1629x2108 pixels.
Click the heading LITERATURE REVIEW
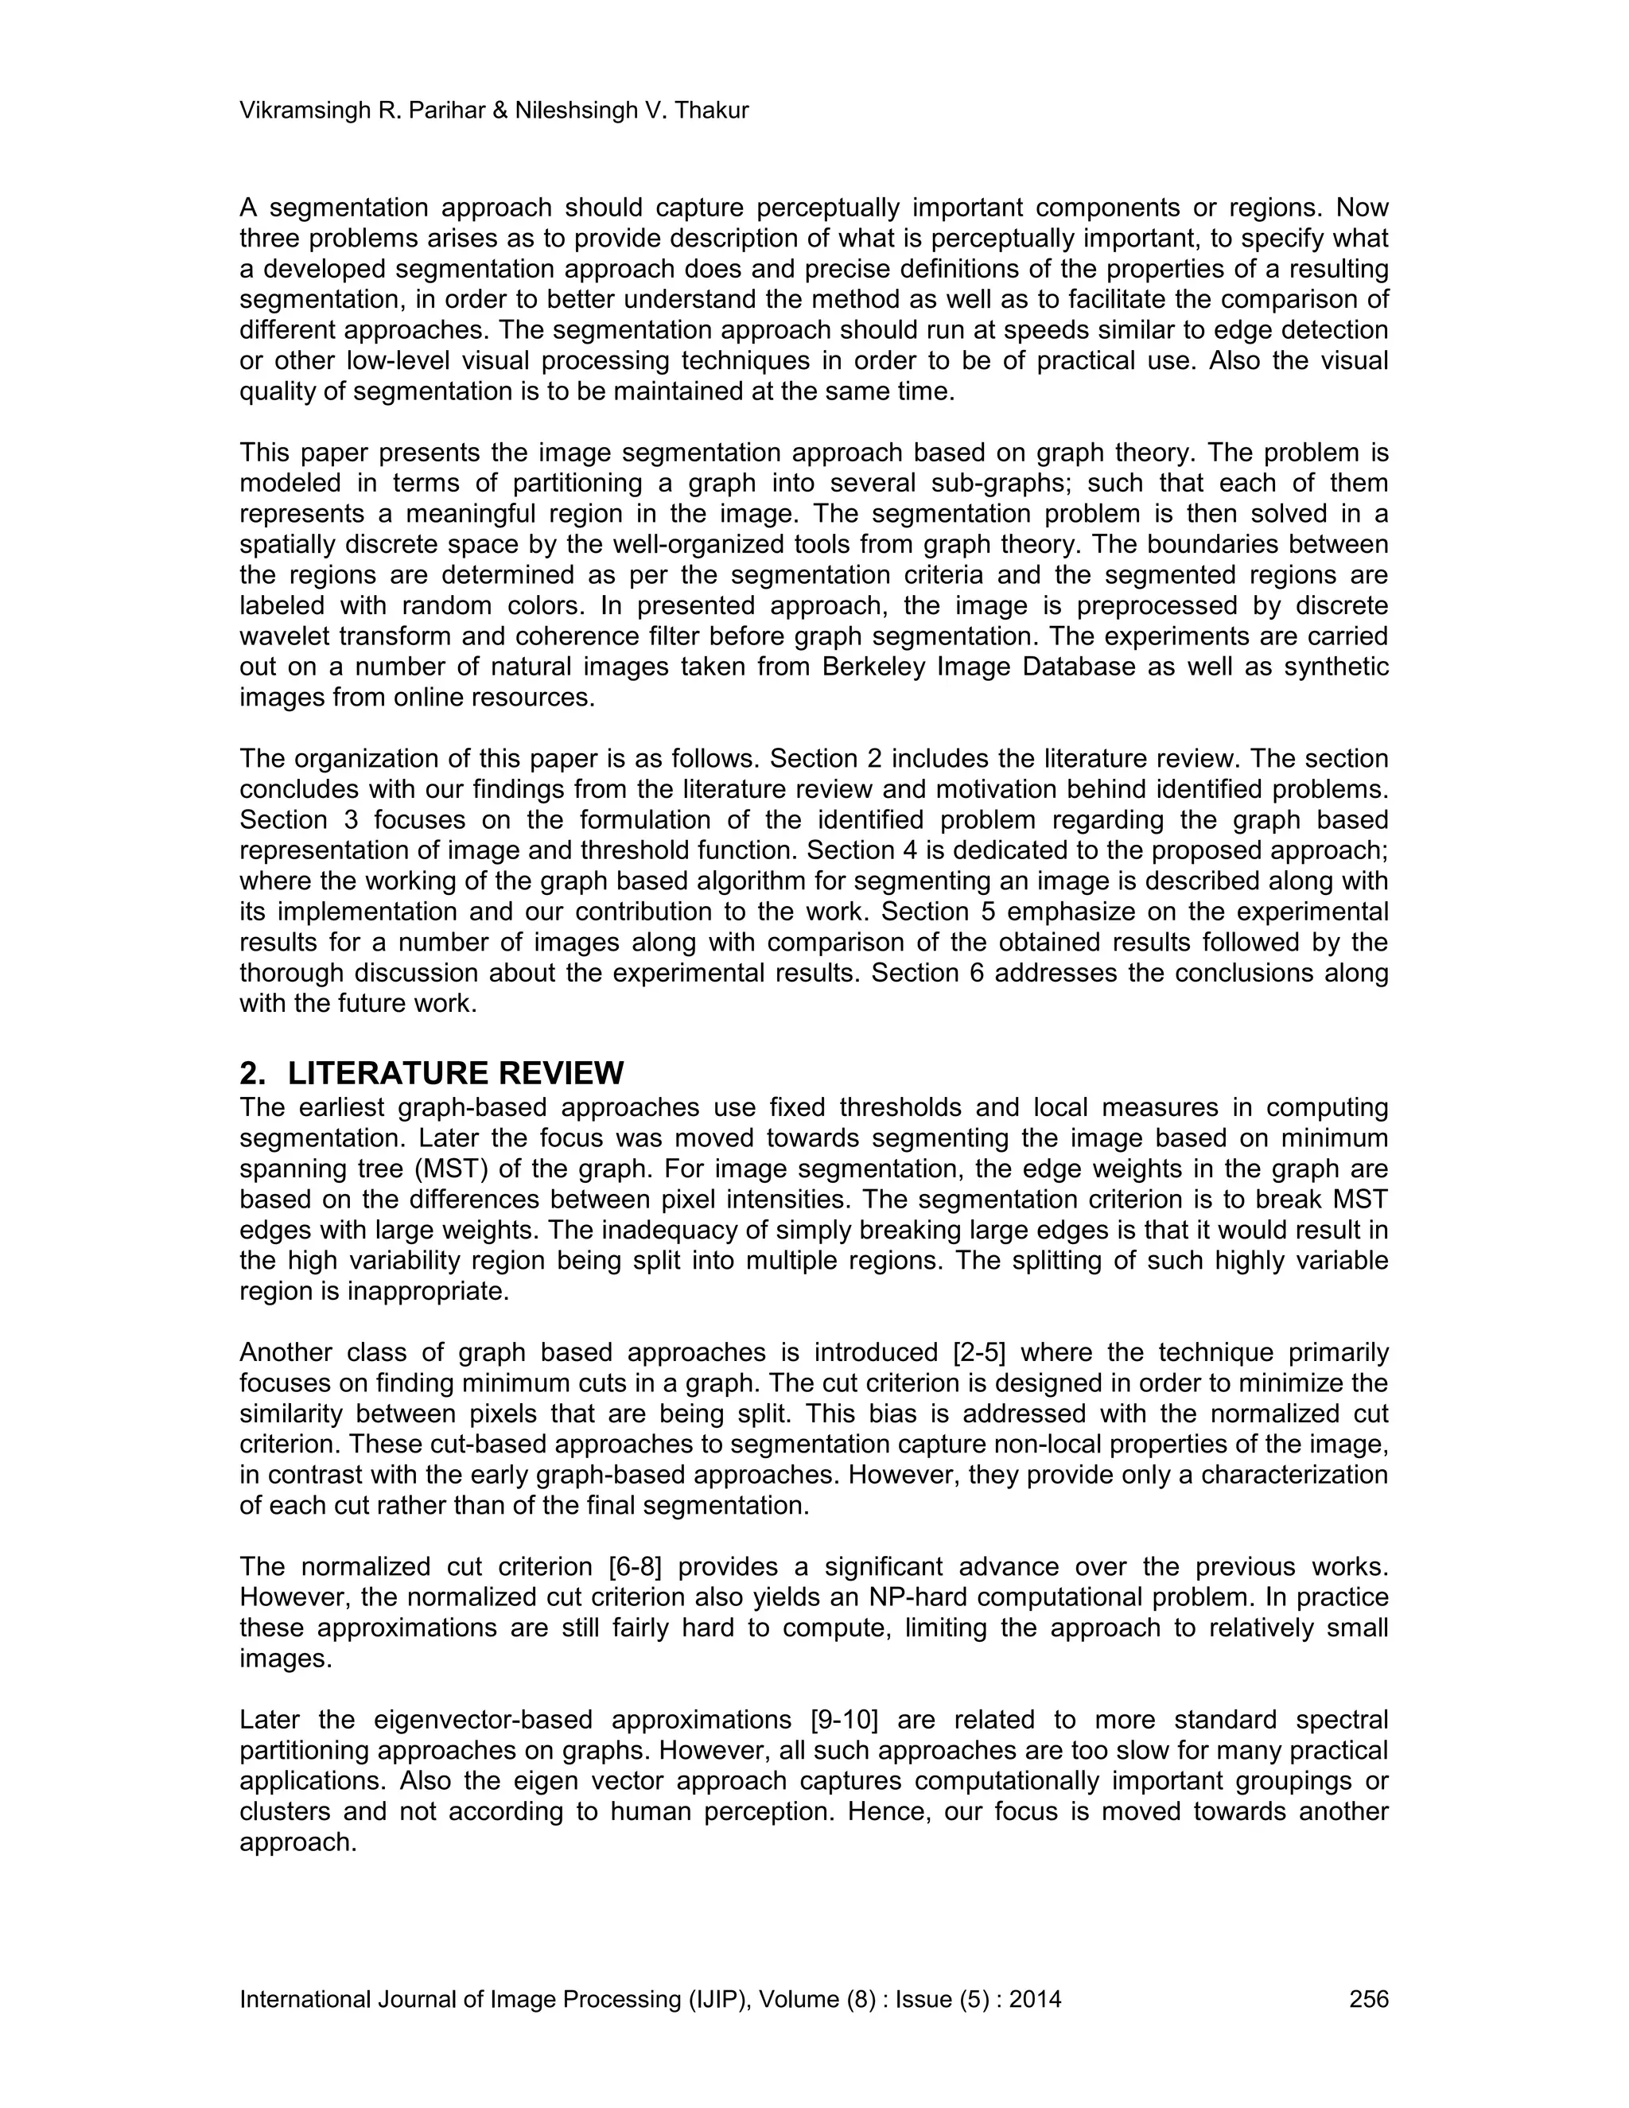click(x=456, y=1073)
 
